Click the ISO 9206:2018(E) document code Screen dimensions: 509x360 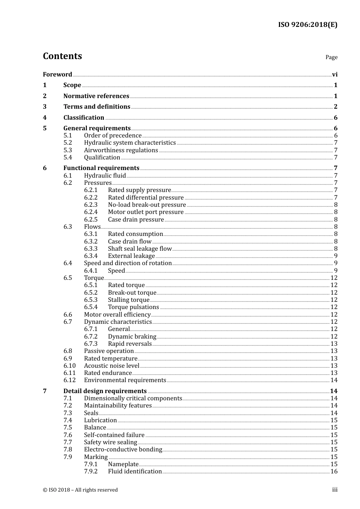point(307,25)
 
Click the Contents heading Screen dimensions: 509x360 point(62,56)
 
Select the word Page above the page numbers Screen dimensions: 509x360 point(331,57)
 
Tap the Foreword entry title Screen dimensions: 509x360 point(57,75)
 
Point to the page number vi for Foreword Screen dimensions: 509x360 point(335,75)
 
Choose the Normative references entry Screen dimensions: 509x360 point(96,96)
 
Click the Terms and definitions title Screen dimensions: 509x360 point(97,107)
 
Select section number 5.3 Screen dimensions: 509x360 point(67,150)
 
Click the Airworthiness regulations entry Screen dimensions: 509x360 point(121,150)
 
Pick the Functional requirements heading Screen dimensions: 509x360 point(101,168)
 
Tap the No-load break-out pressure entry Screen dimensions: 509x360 point(147,205)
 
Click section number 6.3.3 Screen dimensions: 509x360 point(91,249)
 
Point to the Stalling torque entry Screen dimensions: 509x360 point(128,300)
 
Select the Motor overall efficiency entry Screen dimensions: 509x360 point(117,315)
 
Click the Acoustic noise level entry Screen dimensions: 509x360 point(111,366)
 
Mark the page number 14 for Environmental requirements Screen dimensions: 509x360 point(334,380)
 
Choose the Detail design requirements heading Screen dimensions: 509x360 point(105,391)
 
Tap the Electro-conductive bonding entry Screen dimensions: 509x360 point(123,450)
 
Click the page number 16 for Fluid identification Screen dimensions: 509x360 point(334,472)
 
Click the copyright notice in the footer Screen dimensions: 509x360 point(80,490)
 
